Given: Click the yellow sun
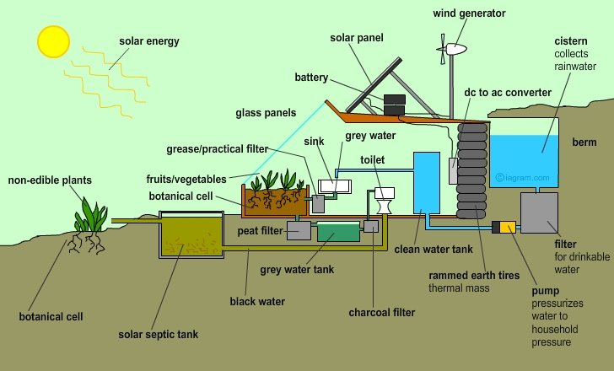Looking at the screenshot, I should click(x=52, y=39).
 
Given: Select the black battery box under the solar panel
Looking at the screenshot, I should click(x=394, y=105).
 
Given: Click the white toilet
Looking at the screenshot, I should click(x=386, y=200).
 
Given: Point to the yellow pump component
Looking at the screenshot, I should click(x=508, y=228).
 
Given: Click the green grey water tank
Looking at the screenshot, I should click(x=337, y=230).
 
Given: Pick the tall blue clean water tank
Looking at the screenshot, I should click(x=427, y=183).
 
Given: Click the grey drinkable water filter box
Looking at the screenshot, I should click(x=540, y=215).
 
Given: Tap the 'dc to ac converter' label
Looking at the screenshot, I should click(x=508, y=92).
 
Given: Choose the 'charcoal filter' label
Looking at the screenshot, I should click(x=382, y=313).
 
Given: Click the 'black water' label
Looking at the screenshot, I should click(x=257, y=300).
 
